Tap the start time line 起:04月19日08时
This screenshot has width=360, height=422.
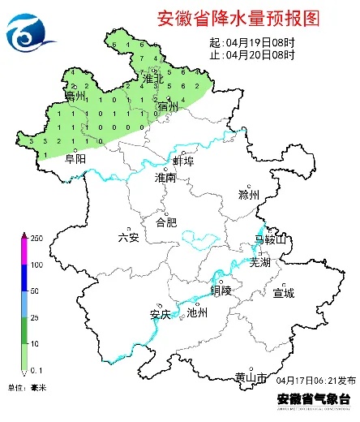point(252,41)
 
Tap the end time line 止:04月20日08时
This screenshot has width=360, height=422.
point(252,54)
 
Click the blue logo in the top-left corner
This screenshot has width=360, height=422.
point(30,30)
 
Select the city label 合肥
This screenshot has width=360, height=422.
point(165,221)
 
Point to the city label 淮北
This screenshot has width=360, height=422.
point(152,80)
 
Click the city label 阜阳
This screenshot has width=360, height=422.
point(75,160)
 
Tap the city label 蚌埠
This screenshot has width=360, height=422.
point(183,161)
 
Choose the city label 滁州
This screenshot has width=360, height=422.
point(248,196)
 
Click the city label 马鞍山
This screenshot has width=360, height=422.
point(270,240)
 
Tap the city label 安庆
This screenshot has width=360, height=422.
point(161,314)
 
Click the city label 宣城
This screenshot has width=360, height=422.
point(284,292)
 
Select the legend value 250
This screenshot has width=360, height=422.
point(36,239)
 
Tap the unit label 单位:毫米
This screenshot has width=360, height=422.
point(27,389)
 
